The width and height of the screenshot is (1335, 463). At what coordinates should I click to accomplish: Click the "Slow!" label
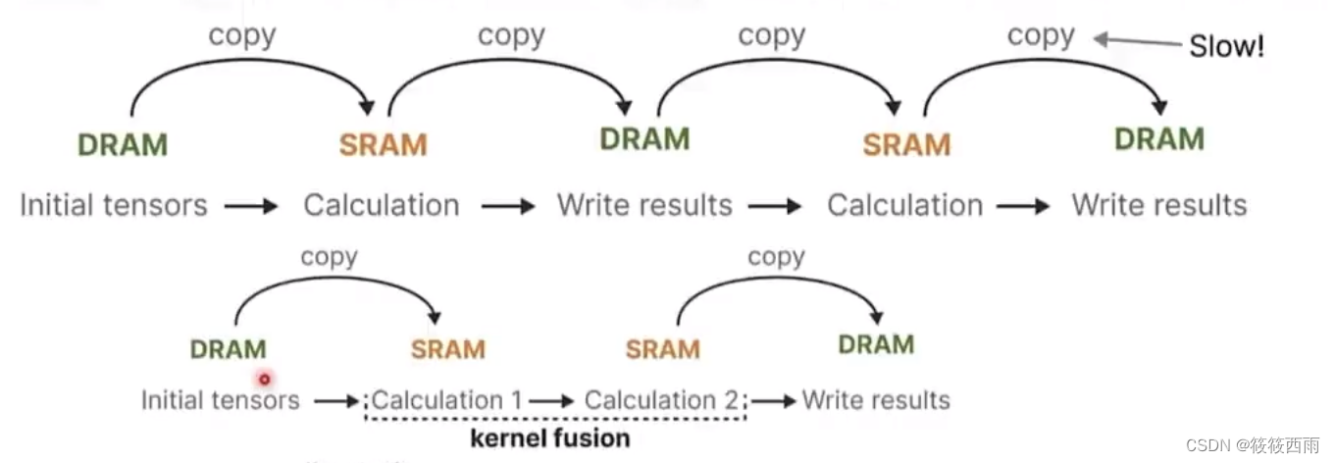point(1226,46)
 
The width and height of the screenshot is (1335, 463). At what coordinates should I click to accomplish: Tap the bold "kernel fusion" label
point(550,437)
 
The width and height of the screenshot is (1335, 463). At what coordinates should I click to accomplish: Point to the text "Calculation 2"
point(662,400)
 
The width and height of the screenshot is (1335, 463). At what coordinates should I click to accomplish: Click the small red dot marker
point(264,378)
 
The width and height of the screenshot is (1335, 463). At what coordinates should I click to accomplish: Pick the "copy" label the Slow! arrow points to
point(1041,36)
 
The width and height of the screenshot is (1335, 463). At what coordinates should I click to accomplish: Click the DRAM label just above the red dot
point(228,349)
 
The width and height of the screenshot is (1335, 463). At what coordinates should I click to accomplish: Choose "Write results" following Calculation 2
point(876,400)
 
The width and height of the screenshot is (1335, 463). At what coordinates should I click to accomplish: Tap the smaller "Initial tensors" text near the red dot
point(220,400)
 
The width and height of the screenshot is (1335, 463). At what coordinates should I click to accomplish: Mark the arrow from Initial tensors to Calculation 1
point(337,401)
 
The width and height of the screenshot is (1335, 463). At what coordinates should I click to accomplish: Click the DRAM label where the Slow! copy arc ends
point(1159,138)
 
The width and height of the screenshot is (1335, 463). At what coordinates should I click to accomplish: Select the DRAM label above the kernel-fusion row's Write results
point(876,344)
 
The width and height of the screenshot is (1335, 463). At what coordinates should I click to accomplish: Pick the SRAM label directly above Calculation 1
point(447,349)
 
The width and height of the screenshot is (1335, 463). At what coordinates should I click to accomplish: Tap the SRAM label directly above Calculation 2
point(662,349)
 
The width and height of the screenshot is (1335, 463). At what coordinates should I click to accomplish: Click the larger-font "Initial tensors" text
point(114,205)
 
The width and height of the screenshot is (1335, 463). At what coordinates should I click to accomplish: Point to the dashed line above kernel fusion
point(555,420)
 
